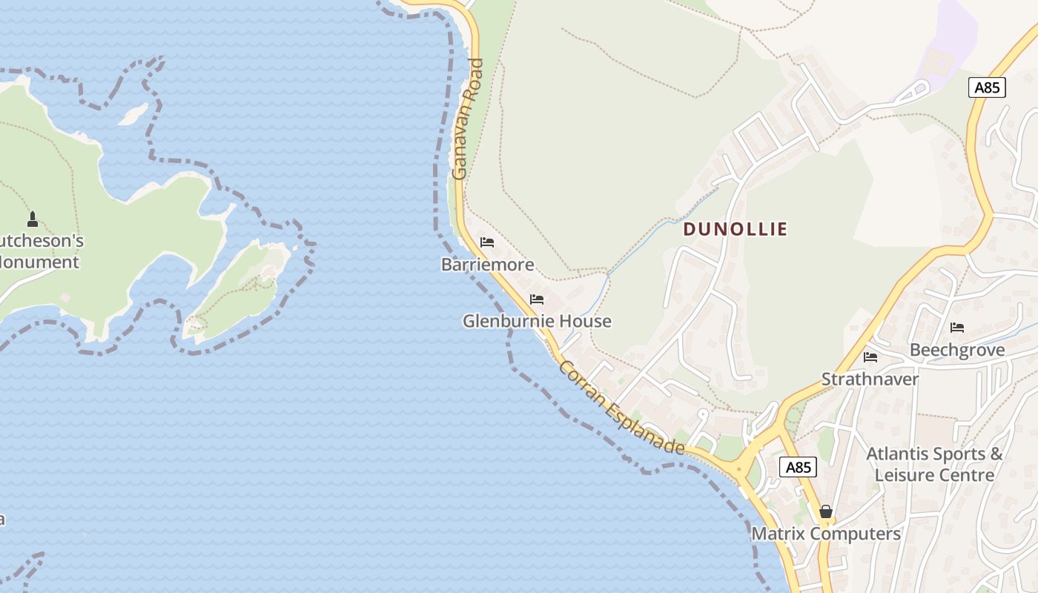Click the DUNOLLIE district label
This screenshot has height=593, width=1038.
click(x=735, y=229)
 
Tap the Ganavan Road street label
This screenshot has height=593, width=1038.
click(x=468, y=119)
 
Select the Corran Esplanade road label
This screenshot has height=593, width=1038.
click(x=621, y=407)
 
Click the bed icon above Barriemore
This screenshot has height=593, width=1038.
click(x=487, y=242)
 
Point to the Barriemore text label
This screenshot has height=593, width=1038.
click(x=487, y=264)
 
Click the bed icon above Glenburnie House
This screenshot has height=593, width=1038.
click(x=537, y=299)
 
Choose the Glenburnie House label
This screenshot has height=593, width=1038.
click(x=537, y=321)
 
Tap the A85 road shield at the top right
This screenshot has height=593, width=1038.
click(x=987, y=87)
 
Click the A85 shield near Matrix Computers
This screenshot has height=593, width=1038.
click(x=798, y=467)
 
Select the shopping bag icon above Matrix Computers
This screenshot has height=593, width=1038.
click(x=826, y=511)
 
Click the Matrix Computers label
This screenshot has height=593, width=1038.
click(x=826, y=534)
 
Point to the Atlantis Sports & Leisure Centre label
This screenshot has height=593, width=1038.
click(x=934, y=464)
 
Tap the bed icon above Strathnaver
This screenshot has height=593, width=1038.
click(x=870, y=357)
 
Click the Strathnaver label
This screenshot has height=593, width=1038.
click(x=870, y=379)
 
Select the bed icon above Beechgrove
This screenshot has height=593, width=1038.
click(x=957, y=328)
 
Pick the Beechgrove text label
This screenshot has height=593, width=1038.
click(x=957, y=350)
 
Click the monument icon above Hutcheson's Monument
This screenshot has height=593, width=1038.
click(x=33, y=219)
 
